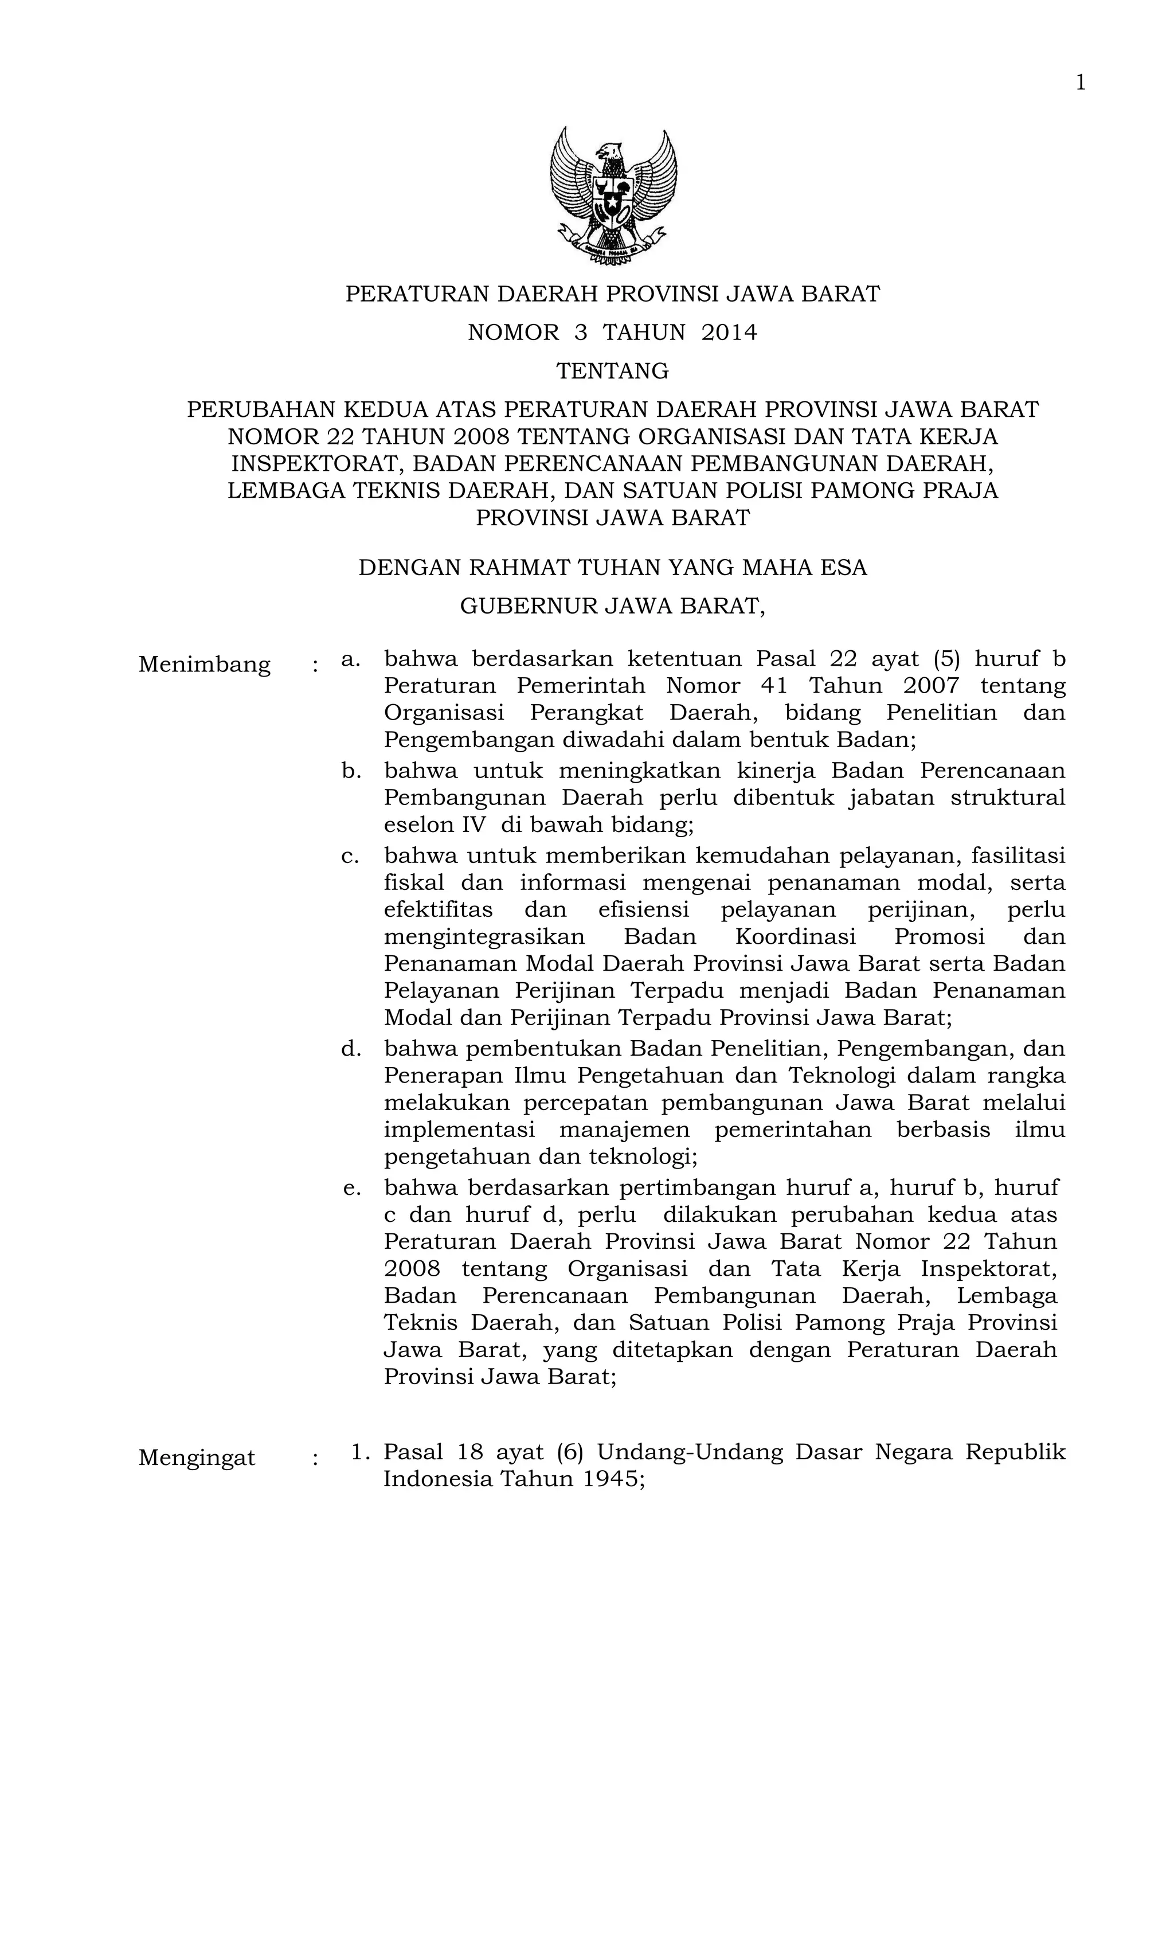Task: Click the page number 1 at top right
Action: tap(1080, 83)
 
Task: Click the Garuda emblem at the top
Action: tap(613, 196)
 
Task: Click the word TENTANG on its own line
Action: tap(612, 370)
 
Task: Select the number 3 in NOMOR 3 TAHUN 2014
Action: tap(580, 333)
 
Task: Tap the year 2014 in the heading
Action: tap(729, 333)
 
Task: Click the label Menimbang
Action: tap(204, 665)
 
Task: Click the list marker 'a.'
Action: tap(351, 659)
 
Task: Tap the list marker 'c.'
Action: tap(350, 855)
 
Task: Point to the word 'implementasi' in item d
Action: tap(459, 1130)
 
